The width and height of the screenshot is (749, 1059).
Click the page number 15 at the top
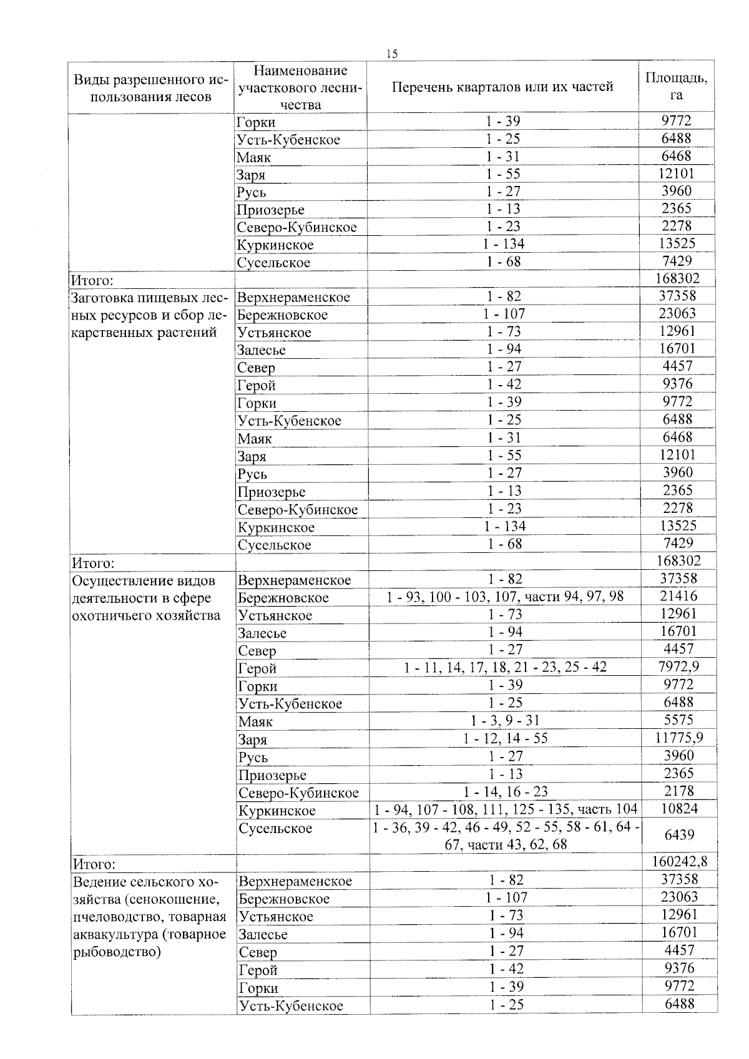point(391,54)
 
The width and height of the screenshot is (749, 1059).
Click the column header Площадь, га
point(676,86)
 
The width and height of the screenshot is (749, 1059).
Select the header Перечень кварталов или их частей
point(502,87)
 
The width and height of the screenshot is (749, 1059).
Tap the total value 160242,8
point(679,862)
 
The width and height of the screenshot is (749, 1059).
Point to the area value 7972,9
point(678,666)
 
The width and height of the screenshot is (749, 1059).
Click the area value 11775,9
point(678,737)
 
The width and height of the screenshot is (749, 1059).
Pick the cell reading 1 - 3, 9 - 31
point(505,720)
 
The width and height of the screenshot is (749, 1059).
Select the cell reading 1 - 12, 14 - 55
point(505,738)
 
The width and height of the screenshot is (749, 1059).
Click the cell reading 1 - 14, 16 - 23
point(505,791)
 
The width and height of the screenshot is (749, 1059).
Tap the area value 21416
point(678,595)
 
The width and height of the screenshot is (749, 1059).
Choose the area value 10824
point(678,808)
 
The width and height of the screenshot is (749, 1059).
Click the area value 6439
point(678,834)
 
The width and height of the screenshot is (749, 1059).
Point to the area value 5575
point(678,720)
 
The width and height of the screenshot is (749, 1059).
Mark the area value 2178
point(678,791)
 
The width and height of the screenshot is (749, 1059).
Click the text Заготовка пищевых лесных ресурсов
point(150,315)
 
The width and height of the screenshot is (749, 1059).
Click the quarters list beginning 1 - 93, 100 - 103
point(505,597)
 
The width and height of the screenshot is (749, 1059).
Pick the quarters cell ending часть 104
point(505,809)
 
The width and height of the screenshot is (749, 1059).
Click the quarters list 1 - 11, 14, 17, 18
point(505,667)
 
